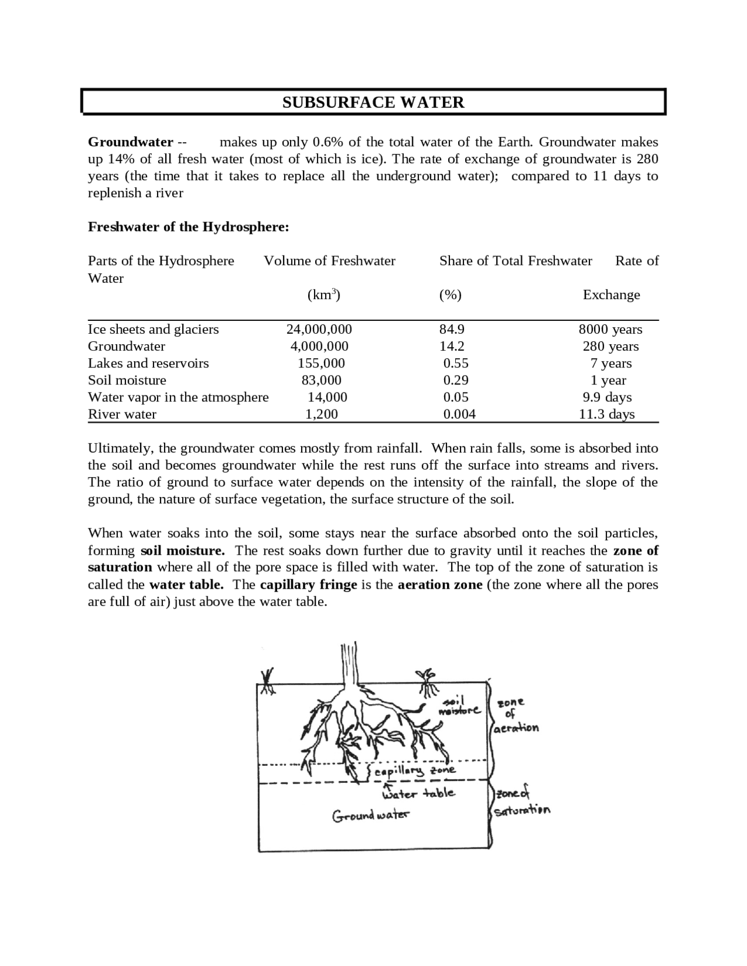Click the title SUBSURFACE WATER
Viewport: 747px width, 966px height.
point(373,103)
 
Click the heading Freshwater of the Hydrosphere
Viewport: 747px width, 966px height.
point(189,227)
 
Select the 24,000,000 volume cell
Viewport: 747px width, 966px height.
point(319,329)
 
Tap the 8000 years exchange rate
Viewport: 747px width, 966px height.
point(610,329)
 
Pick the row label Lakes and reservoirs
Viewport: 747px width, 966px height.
point(148,363)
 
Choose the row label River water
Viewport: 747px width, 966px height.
point(122,414)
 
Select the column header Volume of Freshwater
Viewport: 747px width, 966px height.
point(329,261)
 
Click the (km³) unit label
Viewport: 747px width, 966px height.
point(323,295)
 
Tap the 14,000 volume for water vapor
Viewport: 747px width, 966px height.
point(327,397)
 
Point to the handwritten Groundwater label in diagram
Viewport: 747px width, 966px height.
point(371,815)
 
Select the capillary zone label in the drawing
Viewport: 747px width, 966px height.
point(414,772)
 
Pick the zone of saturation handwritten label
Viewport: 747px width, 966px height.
point(521,803)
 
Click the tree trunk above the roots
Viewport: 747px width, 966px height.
point(349,665)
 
